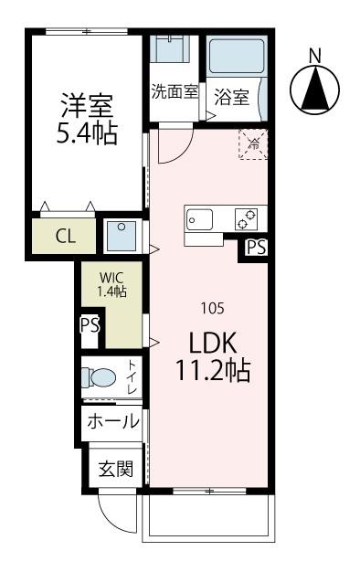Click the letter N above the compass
coord(315,54)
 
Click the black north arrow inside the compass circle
coord(315,89)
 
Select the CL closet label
coord(65,237)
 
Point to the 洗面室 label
coord(175,91)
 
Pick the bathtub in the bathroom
coord(235,57)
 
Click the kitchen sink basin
coord(200,220)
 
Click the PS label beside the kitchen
coord(256,247)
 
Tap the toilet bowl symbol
coord(101,377)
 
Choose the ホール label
coord(113,422)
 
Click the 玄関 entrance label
coord(116,471)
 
